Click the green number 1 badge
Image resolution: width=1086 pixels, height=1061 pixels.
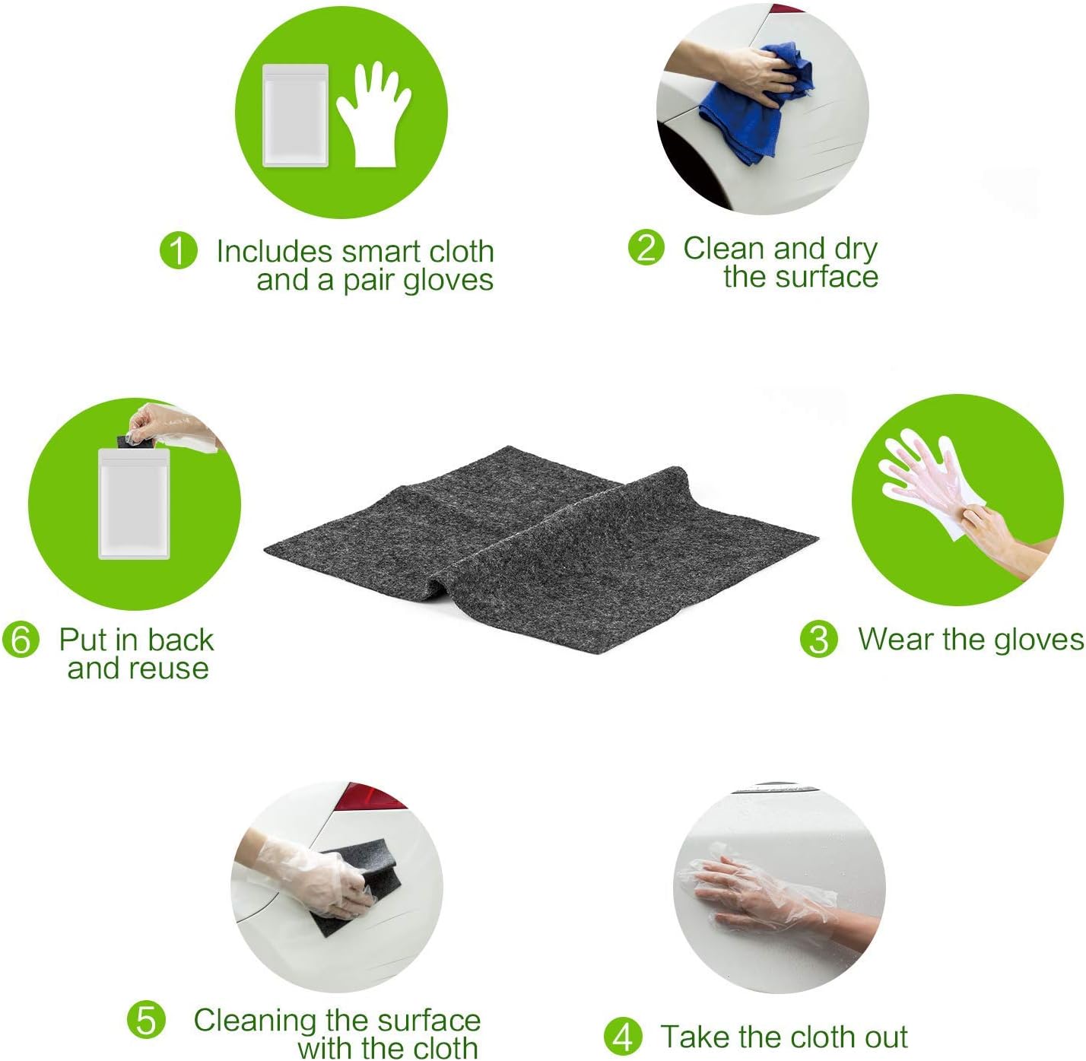tap(178, 250)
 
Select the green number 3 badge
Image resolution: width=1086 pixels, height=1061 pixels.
tap(818, 639)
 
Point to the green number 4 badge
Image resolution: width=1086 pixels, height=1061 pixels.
tap(623, 1037)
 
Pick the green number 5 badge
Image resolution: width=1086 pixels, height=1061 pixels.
tap(146, 1020)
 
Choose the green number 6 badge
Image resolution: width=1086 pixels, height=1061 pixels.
tap(21, 639)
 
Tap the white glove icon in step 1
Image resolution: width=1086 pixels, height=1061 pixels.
tap(374, 114)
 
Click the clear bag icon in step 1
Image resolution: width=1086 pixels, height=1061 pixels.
tap(295, 116)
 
